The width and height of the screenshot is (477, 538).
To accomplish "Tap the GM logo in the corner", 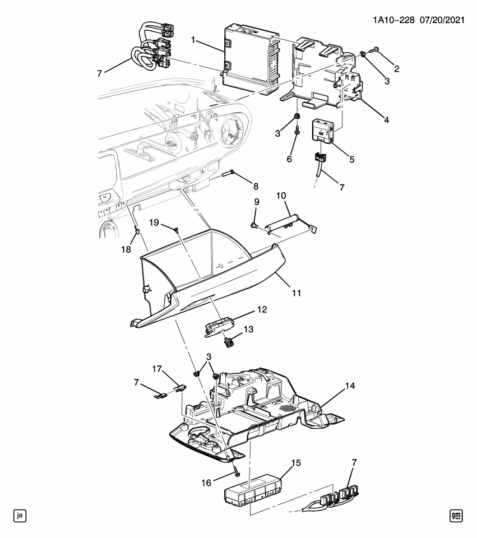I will tap(457, 515).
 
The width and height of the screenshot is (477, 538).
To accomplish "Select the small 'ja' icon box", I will tap(20, 515).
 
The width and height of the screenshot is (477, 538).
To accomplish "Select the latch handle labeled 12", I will tap(220, 326).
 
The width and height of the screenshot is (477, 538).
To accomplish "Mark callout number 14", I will tap(350, 386).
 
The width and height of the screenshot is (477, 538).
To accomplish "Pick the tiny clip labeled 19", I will tap(176, 228).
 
